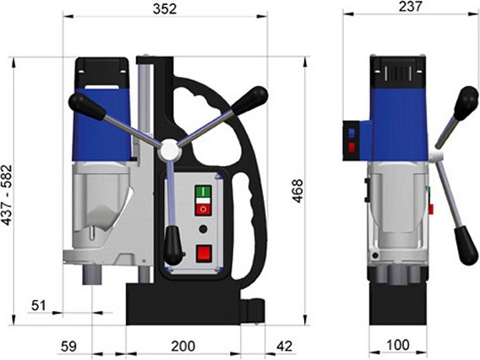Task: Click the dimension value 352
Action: point(165,9)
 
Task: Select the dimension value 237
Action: point(410,7)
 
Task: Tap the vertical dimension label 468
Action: point(297,191)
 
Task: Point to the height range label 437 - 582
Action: point(7,195)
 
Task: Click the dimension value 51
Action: point(39,305)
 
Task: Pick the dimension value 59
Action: point(68,346)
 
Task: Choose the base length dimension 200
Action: point(183,346)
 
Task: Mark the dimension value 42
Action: point(285,346)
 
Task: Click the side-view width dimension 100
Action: point(398,345)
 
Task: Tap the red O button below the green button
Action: point(204,210)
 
